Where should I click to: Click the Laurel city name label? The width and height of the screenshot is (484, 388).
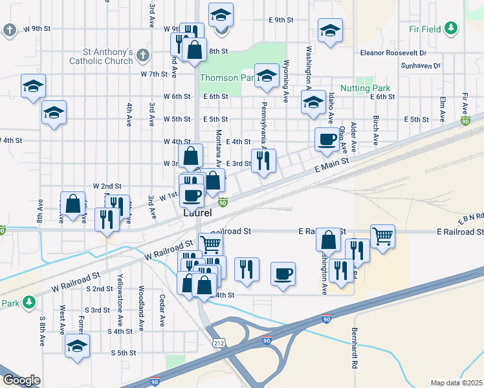pyautogui.click(x=197, y=212)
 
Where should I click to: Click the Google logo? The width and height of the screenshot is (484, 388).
pyautogui.click(x=21, y=380)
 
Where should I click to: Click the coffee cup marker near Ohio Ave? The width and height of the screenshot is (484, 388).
pyautogui.click(x=326, y=138)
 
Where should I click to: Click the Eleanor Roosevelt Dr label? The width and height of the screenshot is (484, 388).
pyautogui.click(x=395, y=52)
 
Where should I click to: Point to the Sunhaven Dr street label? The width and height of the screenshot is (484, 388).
pyautogui.click(x=419, y=66)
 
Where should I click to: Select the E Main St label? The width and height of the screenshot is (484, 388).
pyautogui.click(x=332, y=167)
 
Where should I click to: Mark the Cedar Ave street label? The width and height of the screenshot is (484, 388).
pyautogui.click(x=162, y=310)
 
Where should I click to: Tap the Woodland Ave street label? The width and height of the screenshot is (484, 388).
pyautogui.click(x=140, y=308)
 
